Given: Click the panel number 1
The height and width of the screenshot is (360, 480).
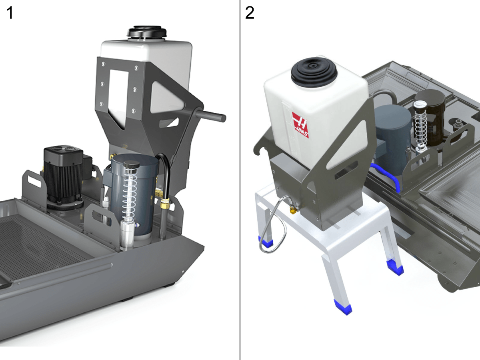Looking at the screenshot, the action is [10, 13].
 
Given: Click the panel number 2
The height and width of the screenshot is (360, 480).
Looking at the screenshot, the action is [250, 13].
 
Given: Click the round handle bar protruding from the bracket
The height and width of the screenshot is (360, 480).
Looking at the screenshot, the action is [210, 114].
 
